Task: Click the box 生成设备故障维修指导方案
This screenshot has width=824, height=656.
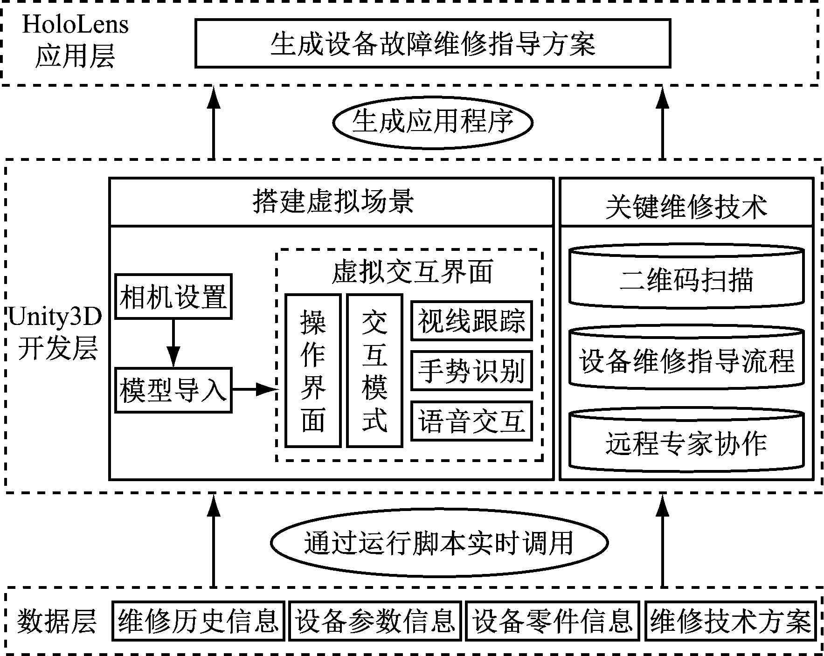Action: [x=432, y=43]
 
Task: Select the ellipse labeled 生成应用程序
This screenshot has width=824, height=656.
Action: [x=432, y=122]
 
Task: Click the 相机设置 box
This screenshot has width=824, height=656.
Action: [x=173, y=297]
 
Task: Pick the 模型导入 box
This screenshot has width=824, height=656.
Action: [x=173, y=390]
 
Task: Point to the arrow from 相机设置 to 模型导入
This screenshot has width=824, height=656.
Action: [x=173, y=343]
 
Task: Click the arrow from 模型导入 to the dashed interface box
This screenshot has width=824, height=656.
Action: [x=254, y=389]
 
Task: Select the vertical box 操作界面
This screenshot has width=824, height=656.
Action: [x=313, y=371]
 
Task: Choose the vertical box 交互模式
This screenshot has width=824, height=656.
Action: [x=374, y=371]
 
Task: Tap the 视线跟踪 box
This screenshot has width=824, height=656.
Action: [x=471, y=321]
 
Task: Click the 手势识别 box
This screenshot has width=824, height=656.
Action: [x=471, y=371]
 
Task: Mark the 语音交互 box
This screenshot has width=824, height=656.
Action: [x=471, y=421]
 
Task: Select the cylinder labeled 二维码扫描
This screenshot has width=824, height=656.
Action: [x=686, y=278]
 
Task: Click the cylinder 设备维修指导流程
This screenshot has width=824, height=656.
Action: [x=686, y=360]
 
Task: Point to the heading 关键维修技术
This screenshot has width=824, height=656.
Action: [x=686, y=206]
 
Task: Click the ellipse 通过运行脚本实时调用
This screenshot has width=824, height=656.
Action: [x=439, y=543]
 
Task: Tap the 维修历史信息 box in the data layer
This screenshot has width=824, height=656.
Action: [x=199, y=621]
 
